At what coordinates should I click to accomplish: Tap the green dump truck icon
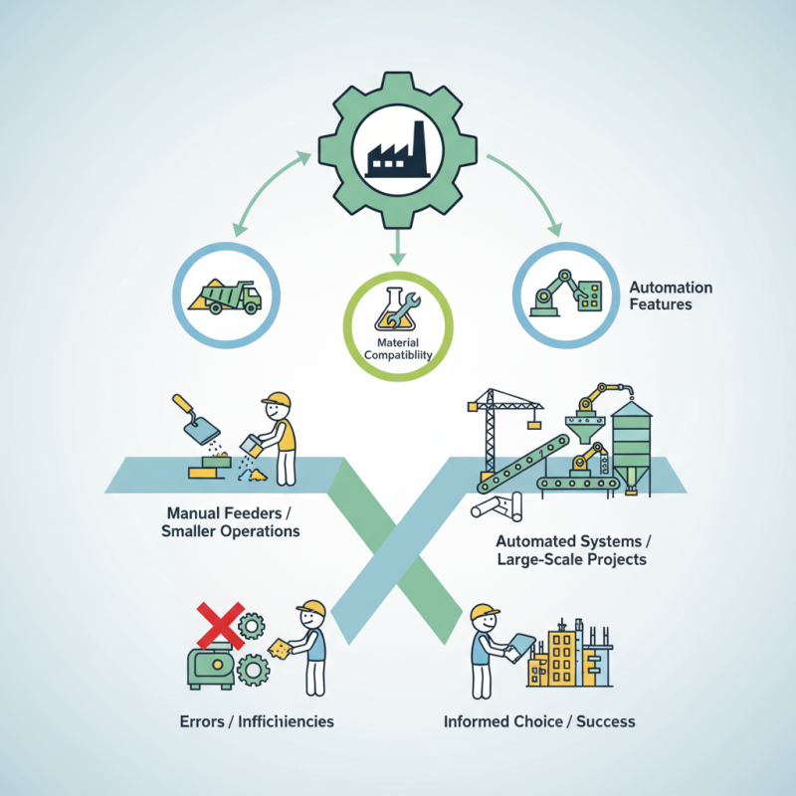pyautogui.click(x=226, y=297)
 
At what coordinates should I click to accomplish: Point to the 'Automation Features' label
pyautogui.click(x=671, y=296)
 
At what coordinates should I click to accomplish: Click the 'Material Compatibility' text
pyautogui.click(x=398, y=349)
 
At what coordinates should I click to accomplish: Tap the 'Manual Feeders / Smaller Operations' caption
pyautogui.click(x=230, y=521)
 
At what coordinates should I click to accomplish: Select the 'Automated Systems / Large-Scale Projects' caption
pyautogui.click(x=572, y=550)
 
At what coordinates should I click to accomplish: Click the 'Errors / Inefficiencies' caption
pyautogui.click(x=257, y=721)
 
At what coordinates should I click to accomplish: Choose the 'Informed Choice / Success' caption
pyautogui.click(x=539, y=721)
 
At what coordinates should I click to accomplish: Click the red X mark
pyautogui.click(x=220, y=626)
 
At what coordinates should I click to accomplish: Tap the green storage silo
pyautogui.click(x=631, y=447)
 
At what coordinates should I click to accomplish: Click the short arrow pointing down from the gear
pyautogui.click(x=397, y=247)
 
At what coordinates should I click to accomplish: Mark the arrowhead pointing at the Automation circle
pyautogui.click(x=555, y=229)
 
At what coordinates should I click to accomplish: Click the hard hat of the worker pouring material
pyautogui.click(x=278, y=400)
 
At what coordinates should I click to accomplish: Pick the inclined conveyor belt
pyautogui.click(x=523, y=464)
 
